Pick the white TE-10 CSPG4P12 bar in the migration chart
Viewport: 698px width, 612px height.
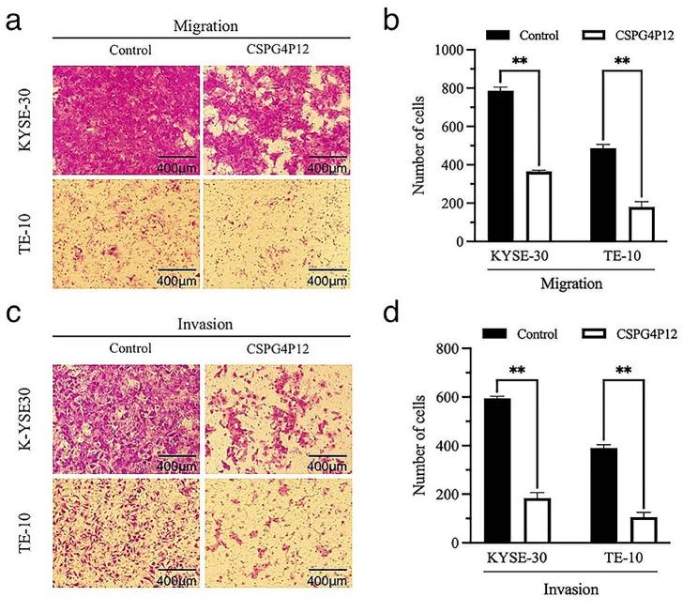point(641,223)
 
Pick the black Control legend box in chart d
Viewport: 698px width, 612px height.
point(501,334)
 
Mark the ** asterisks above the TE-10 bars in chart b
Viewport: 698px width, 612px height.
point(622,63)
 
